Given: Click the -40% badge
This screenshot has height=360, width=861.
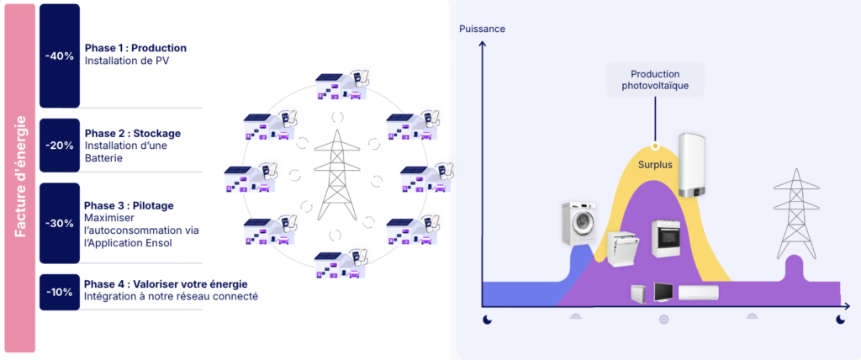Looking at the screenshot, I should coord(60,56).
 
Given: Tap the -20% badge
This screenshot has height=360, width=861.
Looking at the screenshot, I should coord(60,145).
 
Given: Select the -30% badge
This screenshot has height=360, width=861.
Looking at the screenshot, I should coord(60,223).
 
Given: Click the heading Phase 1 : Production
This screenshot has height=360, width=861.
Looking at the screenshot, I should coord(135,48).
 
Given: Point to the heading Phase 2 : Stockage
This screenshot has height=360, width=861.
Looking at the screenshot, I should coord(132,133).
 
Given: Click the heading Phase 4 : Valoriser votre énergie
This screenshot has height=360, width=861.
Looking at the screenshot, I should coord(166,283).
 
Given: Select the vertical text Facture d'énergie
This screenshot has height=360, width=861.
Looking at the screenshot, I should coord(20,177).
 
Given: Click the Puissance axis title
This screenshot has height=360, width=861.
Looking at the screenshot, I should coord(482,29).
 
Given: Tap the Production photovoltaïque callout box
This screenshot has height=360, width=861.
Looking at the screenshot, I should coord(655,79).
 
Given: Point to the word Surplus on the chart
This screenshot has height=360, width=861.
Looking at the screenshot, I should coord(655,165).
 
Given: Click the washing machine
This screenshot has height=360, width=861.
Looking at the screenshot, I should coord(578,225).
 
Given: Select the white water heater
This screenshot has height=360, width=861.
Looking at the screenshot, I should coord(694,165).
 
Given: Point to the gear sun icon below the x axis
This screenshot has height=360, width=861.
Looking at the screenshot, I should coord(663,320).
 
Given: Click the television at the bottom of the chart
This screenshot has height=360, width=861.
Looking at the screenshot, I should coord(662,293).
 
